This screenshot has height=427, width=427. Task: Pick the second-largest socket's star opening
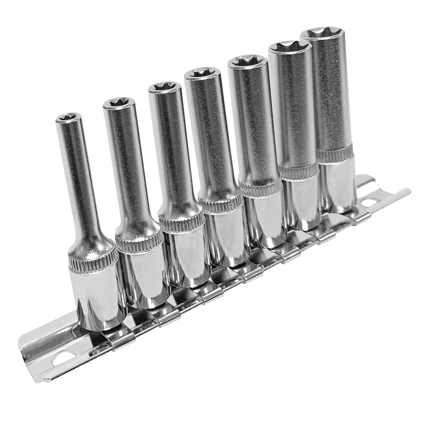pos(290,47)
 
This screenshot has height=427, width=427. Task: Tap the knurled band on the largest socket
pos(336,155)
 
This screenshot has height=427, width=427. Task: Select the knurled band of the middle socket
pos(220,204)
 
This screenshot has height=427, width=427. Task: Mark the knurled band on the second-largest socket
pos(299,172)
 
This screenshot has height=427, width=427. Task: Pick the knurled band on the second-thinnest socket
pos(139,243)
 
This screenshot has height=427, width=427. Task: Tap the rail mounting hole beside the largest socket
pos(369,202)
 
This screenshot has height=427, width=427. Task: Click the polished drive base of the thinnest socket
pos(97,299)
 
